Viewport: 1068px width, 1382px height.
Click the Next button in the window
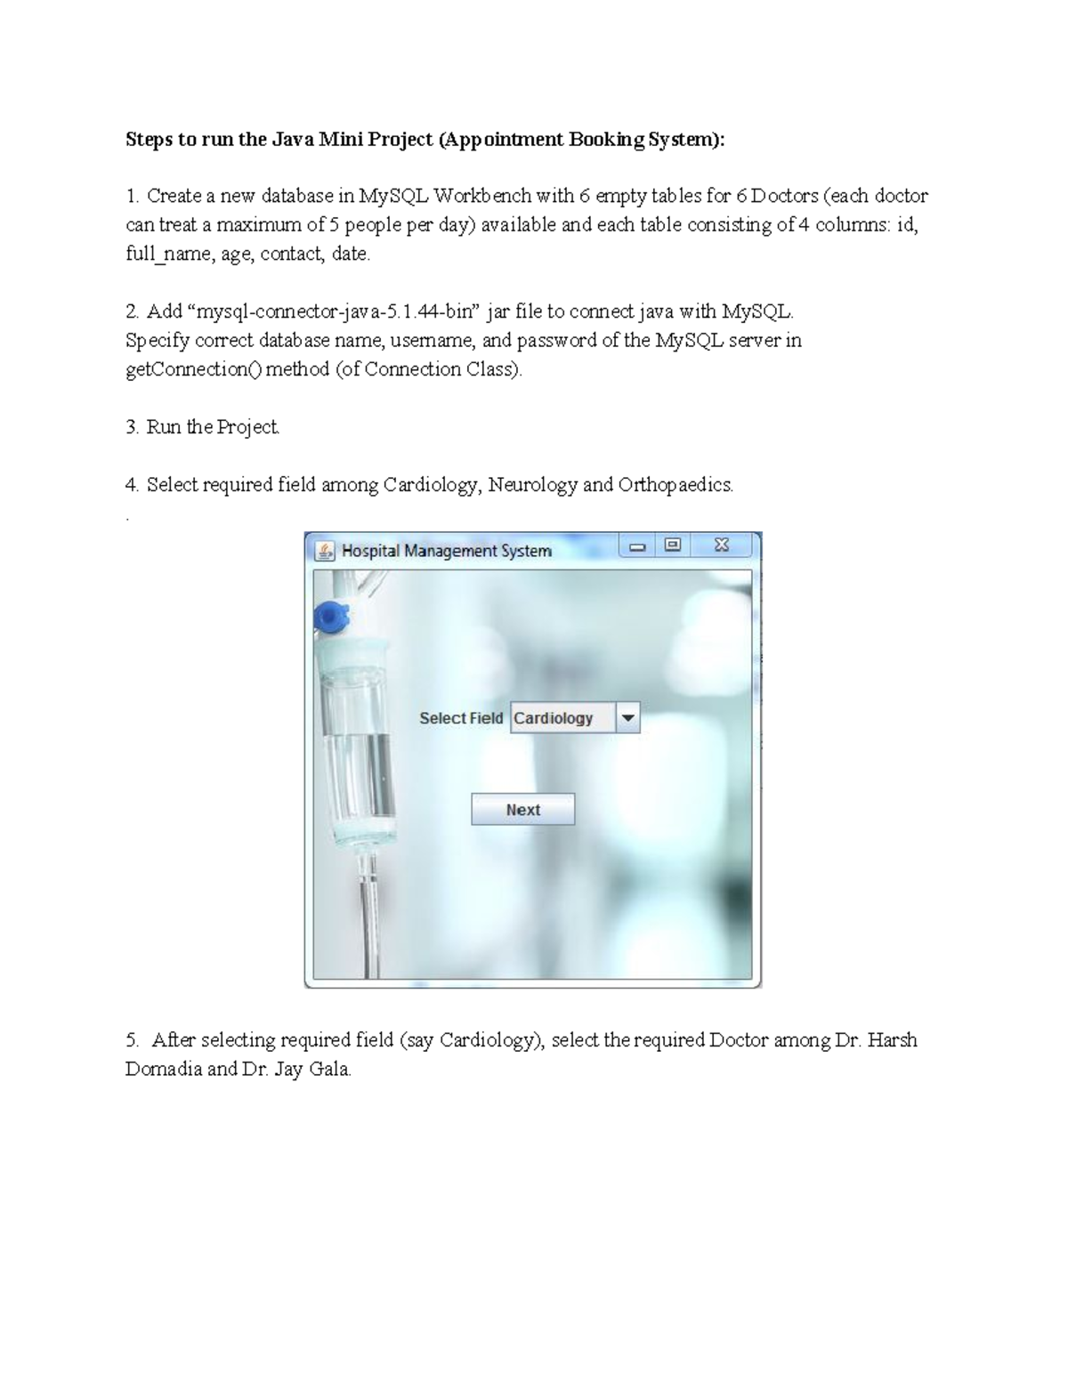pos(522,810)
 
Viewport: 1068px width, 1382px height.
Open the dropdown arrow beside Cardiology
pos(627,718)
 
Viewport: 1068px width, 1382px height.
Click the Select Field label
pos(461,718)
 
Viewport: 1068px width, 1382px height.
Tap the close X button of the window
pos(722,546)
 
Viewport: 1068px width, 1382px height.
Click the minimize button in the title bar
pos(637,546)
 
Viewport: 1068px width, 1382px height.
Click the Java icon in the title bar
pos(326,552)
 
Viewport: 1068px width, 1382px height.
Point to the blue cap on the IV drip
pos(331,617)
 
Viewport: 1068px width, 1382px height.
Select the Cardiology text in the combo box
pos(554,718)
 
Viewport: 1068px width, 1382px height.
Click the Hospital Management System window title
pos(447,552)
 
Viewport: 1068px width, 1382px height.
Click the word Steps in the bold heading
pos(150,140)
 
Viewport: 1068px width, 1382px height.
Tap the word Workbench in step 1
pos(481,196)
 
